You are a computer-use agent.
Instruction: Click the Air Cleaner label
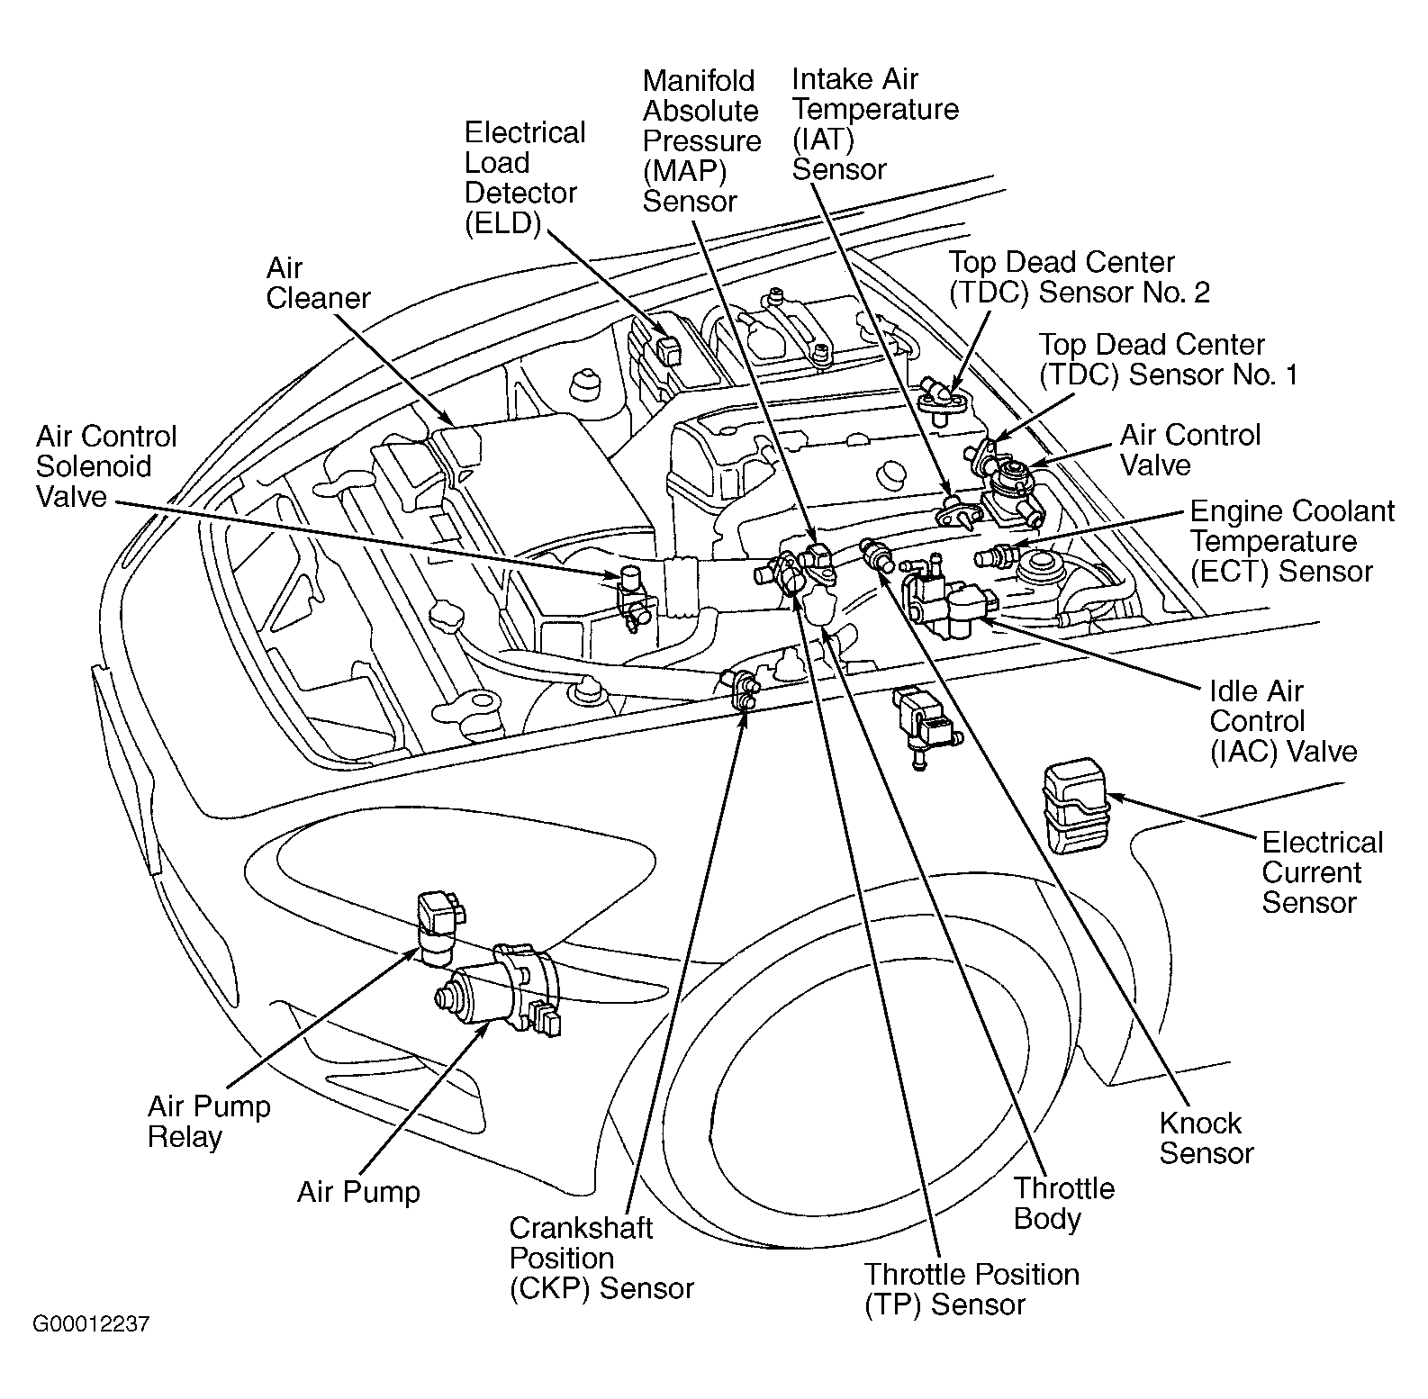coord(318,284)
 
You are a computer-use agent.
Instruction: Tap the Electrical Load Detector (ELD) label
coord(524,178)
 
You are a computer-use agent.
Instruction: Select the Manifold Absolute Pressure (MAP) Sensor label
coord(700,141)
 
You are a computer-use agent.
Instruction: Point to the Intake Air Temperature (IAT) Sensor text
coord(874,124)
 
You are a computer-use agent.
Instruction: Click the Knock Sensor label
coord(1205,1138)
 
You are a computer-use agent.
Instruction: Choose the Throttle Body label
coord(1063,1204)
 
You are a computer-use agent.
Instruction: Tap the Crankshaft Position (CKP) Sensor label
coord(601,1258)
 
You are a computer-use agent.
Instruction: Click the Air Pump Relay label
coord(209,1121)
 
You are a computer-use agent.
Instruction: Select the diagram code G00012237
coord(91,1324)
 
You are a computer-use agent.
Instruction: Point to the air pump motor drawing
coord(500,993)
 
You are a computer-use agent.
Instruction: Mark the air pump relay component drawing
coord(438,925)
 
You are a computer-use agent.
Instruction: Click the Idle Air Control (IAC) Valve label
coord(1282,721)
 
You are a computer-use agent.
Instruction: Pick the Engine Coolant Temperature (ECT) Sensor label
coord(1291,541)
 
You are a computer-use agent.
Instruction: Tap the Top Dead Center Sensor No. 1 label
coord(1168,359)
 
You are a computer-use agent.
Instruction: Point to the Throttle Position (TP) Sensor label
coord(971,1289)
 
